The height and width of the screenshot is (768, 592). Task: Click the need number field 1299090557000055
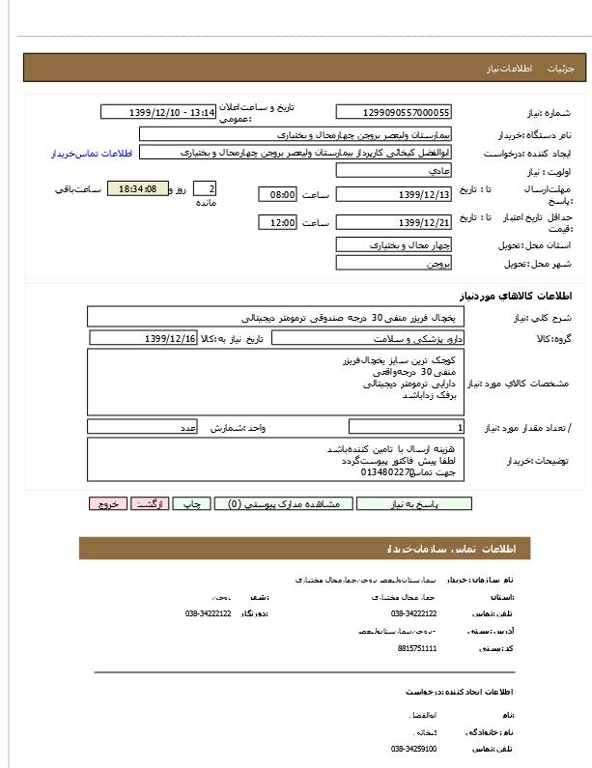(x=393, y=113)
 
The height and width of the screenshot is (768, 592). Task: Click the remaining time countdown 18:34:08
(x=137, y=189)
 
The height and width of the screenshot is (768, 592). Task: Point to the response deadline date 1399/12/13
(x=393, y=195)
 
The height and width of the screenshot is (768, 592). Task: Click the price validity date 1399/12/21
(x=393, y=223)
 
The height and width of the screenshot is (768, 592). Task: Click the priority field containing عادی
(x=393, y=171)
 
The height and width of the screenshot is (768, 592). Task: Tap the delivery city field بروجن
(x=393, y=263)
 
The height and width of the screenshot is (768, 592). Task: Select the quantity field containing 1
(x=406, y=427)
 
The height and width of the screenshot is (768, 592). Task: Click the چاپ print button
(x=192, y=504)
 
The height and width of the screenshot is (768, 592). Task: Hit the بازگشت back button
(x=150, y=504)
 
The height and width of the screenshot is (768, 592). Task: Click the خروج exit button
(x=107, y=504)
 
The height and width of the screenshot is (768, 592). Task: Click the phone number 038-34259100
(x=413, y=749)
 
